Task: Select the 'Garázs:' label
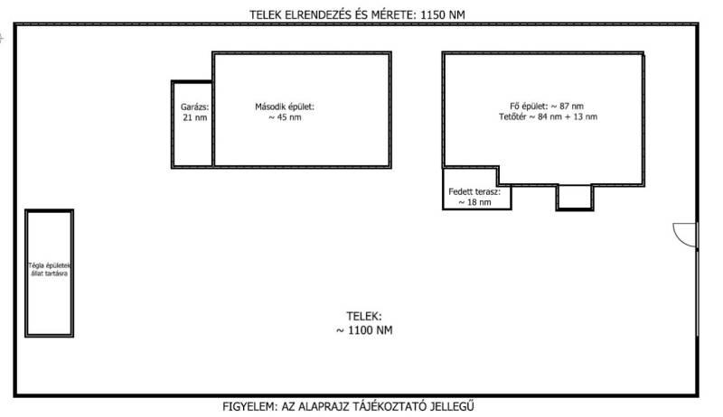click(x=194, y=107)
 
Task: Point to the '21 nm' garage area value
click(x=194, y=118)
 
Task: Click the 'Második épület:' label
click(x=285, y=107)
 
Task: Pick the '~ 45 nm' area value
click(x=285, y=118)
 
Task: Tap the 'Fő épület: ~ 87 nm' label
click(x=548, y=107)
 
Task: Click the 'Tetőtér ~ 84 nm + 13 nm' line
click(x=548, y=117)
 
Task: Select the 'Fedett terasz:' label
click(x=474, y=191)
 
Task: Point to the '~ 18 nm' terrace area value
click(x=474, y=203)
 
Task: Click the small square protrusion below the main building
click(x=574, y=197)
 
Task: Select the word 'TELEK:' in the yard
click(x=364, y=317)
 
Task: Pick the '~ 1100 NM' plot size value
click(x=364, y=330)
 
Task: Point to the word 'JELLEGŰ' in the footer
click(x=469, y=407)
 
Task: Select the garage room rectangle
click(x=192, y=144)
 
